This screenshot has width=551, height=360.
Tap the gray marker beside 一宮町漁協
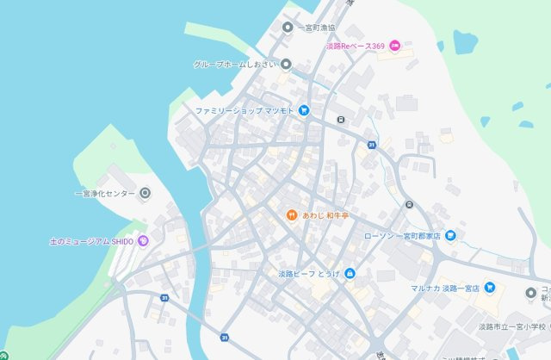pyautogui.click(x=288, y=28)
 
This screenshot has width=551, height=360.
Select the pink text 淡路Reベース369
pyautogui.click(x=355, y=46)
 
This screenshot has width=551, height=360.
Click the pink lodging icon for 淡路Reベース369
pyautogui.click(x=394, y=46)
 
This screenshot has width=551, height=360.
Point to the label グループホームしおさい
pyautogui.click(x=234, y=64)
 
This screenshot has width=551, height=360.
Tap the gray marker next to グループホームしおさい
pyautogui.click(x=286, y=64)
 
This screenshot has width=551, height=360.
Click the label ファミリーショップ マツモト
pyautogui.click(x=244, y=111)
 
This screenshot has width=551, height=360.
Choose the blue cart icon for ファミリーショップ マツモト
pyautogui.click(x=304, y=111)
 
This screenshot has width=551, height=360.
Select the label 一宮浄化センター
pyautogui.click(x=104, y=193)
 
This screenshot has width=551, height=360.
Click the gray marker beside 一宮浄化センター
pyautogui.click(x=145, y=193)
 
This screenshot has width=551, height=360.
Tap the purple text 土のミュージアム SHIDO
pyautogui.click(x=91, y=241)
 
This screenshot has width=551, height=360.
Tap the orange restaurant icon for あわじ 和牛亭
pyautogui.click(x=292, y=214)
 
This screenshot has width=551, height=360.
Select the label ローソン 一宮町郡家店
pyautogui.click(x=402, y=234)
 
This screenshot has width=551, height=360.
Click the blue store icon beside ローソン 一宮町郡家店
pyautogui.click(x=449, y=234)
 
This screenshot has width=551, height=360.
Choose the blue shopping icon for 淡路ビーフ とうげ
pyautogui.click(x=350, y=274)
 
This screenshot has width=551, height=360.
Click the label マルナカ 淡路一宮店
pyautogui.click(x=444, y=288)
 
